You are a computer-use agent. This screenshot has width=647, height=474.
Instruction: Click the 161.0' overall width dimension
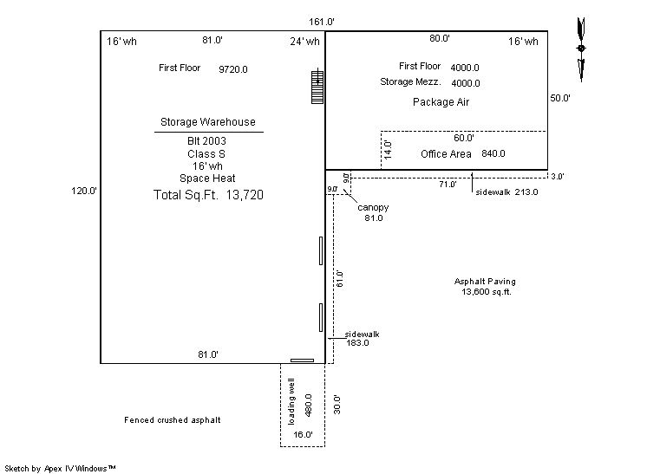pos(322,22)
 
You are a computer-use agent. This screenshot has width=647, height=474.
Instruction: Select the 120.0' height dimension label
pos(84,191)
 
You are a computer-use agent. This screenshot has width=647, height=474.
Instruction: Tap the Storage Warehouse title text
pos(208,122)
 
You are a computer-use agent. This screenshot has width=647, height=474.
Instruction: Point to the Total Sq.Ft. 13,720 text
pos(208,195)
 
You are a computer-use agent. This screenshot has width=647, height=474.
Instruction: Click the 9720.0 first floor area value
pos(233,69)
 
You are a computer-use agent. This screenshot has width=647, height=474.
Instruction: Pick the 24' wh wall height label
pos(304,42)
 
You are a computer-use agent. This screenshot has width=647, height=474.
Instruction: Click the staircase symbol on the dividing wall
pos(317,86)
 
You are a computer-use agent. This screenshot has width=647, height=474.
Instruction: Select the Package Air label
pos(441,102)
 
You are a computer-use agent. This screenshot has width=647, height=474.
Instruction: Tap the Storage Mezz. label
pos(410,81)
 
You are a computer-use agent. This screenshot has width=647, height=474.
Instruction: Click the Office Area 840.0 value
pos(493,153)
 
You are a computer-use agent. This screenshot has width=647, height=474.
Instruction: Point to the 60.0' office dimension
pos(464,138)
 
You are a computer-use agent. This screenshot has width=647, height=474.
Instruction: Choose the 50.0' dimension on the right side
pos(560,98)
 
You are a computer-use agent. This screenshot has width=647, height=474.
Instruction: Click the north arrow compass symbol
pos(581,49)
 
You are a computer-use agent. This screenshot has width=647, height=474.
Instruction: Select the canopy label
pos(373,207)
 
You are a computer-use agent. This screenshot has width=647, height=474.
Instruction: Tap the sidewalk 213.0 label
pos(506,192)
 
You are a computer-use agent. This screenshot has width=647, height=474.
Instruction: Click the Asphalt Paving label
pos(485,282)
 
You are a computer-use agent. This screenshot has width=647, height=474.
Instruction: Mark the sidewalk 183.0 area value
pos(357,343)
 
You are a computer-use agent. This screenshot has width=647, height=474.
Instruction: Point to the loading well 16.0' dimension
pos(303,434)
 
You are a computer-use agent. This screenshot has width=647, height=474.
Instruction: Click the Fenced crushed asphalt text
pos(172,420)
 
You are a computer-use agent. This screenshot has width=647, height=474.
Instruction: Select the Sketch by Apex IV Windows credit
pos(60,469)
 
